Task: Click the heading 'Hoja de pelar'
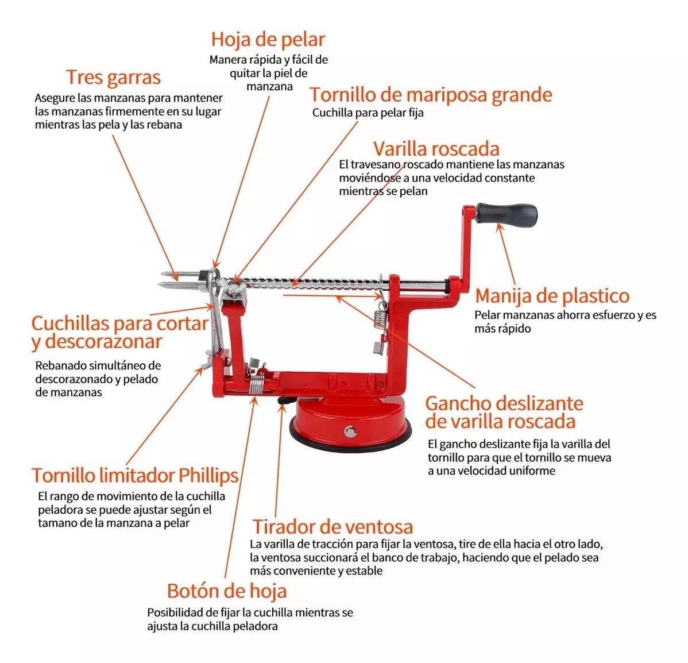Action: [268, 40]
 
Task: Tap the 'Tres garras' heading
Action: [113, 78]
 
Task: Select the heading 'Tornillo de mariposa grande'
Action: [431, 95]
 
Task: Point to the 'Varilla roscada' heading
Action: [436, 149]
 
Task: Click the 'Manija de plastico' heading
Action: [552, 296]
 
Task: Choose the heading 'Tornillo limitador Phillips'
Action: [135, 476]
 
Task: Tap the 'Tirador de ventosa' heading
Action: [333, 527]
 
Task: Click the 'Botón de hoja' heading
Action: [226, 591]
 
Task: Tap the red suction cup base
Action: [350, 419]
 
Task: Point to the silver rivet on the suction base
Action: [350, 431]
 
